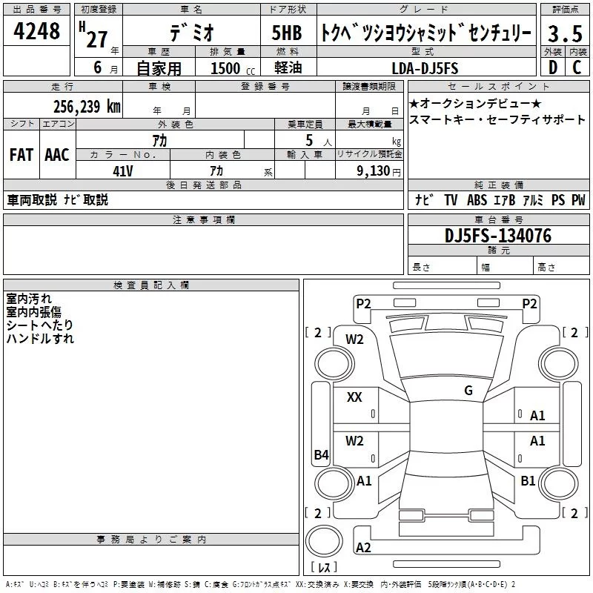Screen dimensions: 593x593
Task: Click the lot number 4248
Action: [36, 31]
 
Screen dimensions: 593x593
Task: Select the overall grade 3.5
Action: [565, 33]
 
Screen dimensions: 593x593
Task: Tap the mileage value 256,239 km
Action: [87, 107]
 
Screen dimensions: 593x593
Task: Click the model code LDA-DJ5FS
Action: [425, 68]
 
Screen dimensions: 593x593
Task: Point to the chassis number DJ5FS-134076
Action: [498, 236]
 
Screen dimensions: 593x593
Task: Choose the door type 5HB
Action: [287, 33]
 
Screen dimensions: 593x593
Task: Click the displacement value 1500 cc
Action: [233, 68]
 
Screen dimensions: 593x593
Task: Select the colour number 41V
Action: [123, 171]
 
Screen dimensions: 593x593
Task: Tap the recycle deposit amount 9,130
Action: [374, 171]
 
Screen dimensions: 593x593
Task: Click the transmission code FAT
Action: [21, 155]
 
